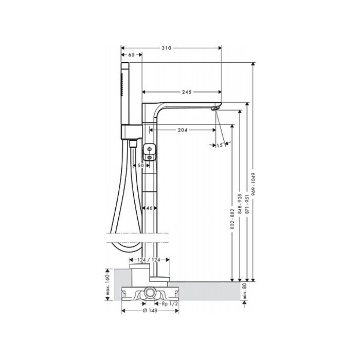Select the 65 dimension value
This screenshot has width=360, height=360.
coord(131,55)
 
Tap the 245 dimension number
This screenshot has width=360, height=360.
coord(187,92)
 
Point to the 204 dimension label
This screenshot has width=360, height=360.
coord(183,130)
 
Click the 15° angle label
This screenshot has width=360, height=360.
coord(220,145)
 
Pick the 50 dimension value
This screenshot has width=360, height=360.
coord(140,165)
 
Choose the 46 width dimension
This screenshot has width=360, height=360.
coord(149,208)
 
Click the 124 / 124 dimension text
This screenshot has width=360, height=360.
coord(149,260)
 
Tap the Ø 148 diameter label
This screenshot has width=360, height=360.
coord(150,311)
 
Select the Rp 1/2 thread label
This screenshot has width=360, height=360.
coord(170,304)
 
